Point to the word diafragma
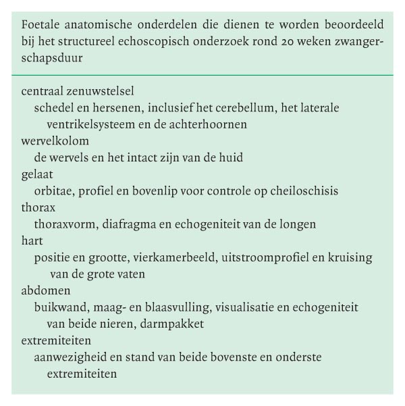[x=123, y=224]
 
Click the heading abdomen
[x=44, y=290]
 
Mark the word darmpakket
[x=175, y=324]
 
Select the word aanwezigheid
[x=68, y=357]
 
